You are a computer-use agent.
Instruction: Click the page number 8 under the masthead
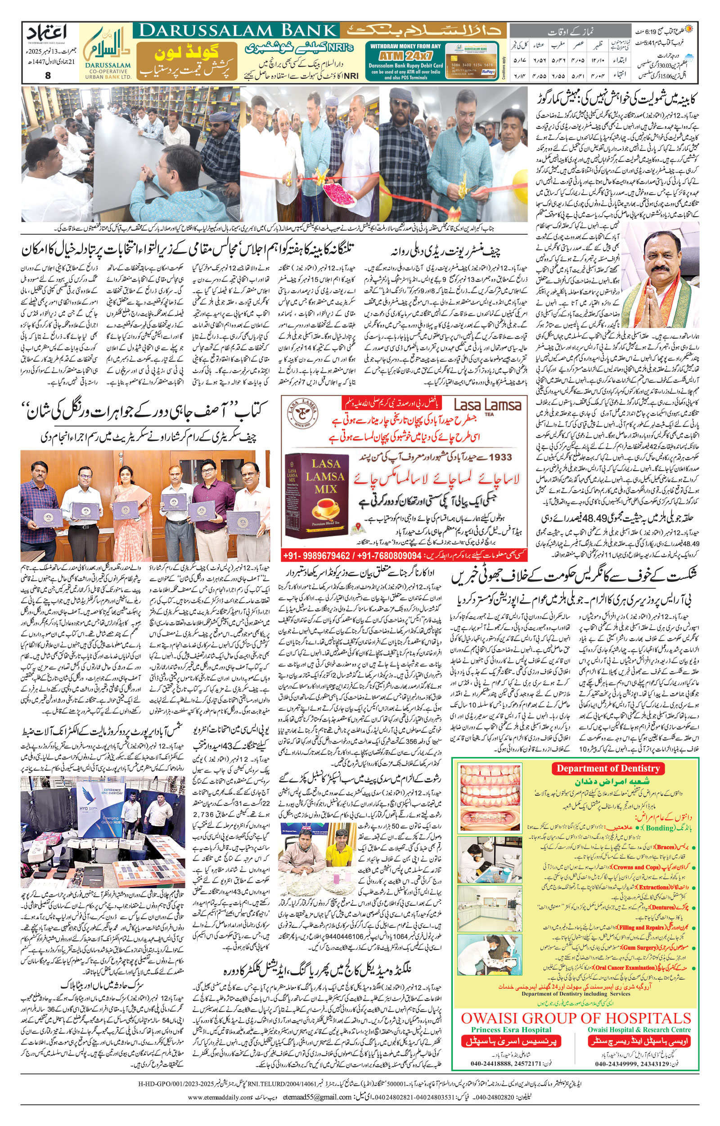tap(48, 75)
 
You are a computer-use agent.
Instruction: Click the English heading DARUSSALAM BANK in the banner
tap(237, 31)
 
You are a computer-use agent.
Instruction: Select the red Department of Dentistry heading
tap(607, 768)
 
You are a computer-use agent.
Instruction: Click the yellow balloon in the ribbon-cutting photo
tap(520, 186)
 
